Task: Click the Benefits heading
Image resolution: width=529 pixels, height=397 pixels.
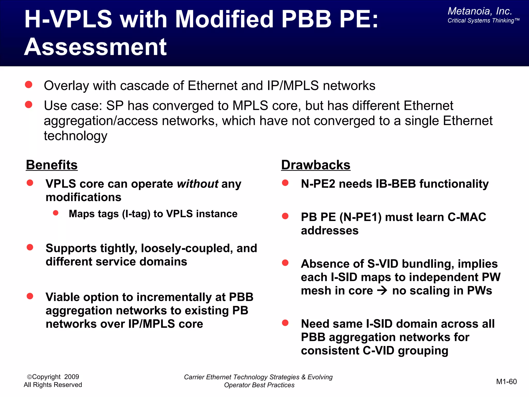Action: (52, 165)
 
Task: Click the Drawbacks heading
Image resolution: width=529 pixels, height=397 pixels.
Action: (316, 165)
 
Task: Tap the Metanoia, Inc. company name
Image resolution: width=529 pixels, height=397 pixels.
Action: (480, 11)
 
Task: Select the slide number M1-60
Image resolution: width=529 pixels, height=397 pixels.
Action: (506, 381)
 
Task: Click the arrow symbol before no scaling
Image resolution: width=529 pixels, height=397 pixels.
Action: (382, 291)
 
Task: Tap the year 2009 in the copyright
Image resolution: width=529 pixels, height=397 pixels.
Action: (72, 377)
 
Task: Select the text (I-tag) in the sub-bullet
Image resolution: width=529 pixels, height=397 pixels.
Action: (136, 214)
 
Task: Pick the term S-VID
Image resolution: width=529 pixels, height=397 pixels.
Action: (383, 264)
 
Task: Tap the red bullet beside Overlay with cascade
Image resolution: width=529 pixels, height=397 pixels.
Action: (29, 85)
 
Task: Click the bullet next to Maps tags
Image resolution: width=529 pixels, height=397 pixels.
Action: (56, 213)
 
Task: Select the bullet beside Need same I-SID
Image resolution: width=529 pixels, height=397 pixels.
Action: (285, 323)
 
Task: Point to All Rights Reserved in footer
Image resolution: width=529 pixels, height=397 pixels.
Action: (53, 385)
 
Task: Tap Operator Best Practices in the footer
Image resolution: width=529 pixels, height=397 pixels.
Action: (259, 385)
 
